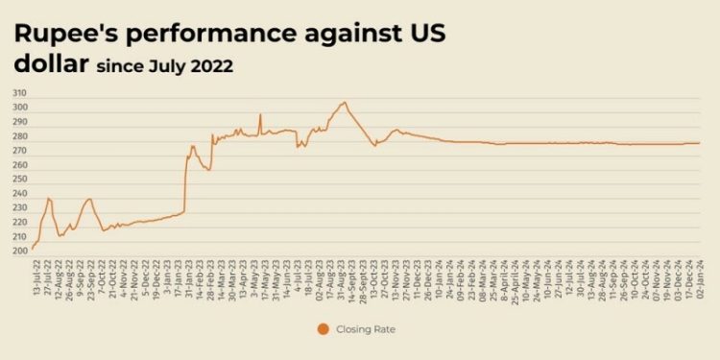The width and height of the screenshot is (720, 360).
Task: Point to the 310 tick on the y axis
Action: pyautogui.click(x=19, y=93)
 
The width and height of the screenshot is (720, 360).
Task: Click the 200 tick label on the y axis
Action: pyautogui.click(x=19, y=251)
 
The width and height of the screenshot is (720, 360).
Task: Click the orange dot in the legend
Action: pyautogui.click(x=323, y=329)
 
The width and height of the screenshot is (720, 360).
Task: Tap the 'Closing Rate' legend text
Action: pyautogui.click(x=365, y=329)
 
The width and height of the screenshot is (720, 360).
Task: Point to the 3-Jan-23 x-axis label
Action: pyautogui.click(x=169, y=273)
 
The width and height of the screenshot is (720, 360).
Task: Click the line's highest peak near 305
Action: pyautogui.click(x=344, y=102)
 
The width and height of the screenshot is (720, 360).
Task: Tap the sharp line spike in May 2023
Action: pyautogui.click(x=260, y=114)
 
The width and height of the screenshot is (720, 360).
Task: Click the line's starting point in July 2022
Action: pyautogui.click(x=33, y=249)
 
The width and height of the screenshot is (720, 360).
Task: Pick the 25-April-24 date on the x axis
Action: pyautogui.click(x=518, y=276)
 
